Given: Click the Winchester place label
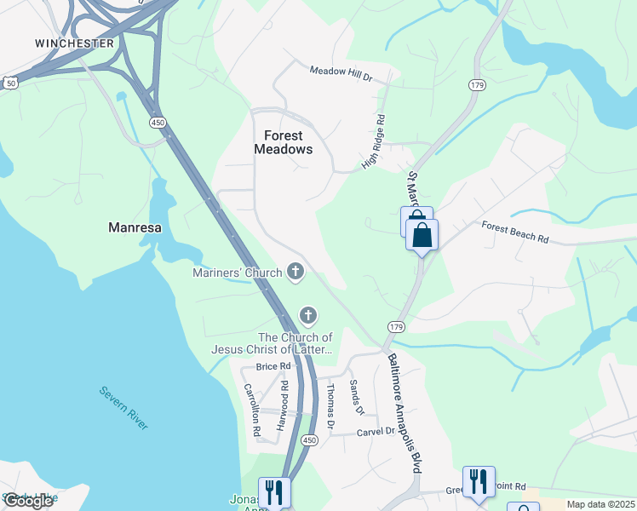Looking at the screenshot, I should [75, 43].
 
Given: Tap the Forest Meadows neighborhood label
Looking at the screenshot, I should [284, 142].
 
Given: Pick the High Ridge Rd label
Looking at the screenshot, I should [375, 141].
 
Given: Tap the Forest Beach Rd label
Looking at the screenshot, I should [514, 233].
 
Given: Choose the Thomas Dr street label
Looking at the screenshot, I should [330, 405].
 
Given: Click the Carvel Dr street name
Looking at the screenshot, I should [376, 432].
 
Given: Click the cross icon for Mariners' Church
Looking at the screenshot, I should [296, 272].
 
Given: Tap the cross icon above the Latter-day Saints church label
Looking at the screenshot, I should [307, 316].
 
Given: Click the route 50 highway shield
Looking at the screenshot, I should [10, 83].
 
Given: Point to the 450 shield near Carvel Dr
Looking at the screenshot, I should [310, 439].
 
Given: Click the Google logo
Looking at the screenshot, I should [28, 501].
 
